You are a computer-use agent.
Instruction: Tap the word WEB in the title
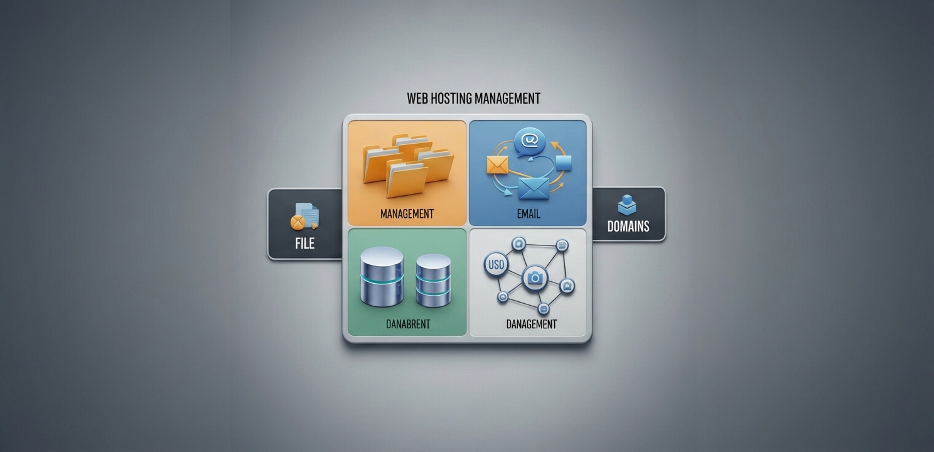click(x=417, y=99)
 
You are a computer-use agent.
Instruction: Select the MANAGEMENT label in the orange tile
click(x=407, y=214)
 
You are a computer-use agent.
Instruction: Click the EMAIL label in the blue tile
click(x=529, y=214)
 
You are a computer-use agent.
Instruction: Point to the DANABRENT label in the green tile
click(x=408, y=324)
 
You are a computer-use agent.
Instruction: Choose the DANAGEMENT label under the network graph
click(x=531, y=324)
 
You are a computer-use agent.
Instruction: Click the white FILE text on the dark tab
click(x=305, y=244)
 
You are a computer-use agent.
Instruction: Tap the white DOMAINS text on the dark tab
click(x=628, y=227)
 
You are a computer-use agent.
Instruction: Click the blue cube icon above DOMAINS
click(x=627, y=205)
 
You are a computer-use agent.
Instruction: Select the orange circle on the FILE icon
click(x=298, y=223)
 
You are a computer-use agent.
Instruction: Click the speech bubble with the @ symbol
click(x=530, y=142)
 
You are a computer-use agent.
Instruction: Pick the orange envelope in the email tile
click(x=497, y=165)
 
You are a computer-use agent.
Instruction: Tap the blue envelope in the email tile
click(x=534, y=189)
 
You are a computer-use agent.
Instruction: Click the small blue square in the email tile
click(x=564, y=163)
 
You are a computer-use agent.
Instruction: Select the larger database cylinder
click(x=382, y=276)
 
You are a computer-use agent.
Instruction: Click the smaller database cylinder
click(x=434, y=281)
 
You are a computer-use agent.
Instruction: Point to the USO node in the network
click(x=496, y=265)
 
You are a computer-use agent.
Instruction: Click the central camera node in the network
click(x=535, y=277)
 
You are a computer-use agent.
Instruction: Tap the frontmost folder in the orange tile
click(x=406, y=180)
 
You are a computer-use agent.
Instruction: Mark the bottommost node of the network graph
click(x=544, y=309)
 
